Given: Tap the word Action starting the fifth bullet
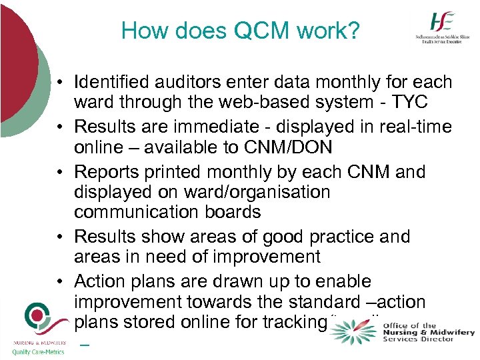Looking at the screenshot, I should point(97,281).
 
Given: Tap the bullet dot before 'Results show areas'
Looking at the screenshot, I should point(60,237).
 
